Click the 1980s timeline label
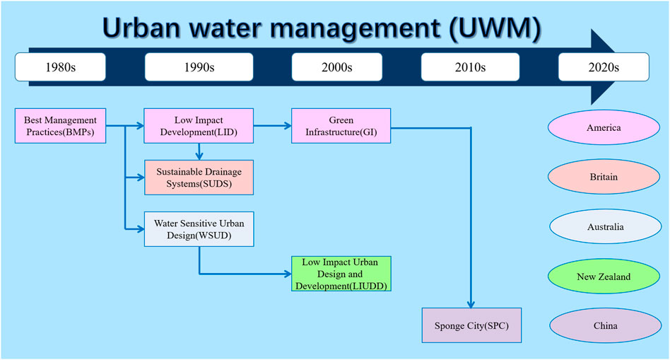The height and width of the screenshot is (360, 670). click(x=60, y=67)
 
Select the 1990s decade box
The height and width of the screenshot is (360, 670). click(x=199, y=67)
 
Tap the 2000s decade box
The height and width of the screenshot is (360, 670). click(x=336, y=67)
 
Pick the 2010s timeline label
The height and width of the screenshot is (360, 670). click(x=470, y=67)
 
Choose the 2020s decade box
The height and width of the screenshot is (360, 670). click(x=604, y=67)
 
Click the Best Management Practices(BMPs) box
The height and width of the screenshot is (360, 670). click(x=60, y=126)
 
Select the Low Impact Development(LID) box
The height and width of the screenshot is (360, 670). click(x=199, y=126)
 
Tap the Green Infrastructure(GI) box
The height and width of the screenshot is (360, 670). click(x=341, y=126)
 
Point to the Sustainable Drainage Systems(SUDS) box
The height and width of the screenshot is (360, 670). click(x=199, y=178)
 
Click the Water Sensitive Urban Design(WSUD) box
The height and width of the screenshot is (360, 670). click(x=199, y=229)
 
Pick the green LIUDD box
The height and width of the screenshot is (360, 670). click(x=341, y=274)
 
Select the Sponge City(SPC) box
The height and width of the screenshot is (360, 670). click(x=471, y=325)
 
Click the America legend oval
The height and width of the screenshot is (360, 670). click(x=604, y=127)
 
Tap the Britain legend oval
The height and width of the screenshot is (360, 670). click(x=604, y=177)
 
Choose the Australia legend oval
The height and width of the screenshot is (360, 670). click(x=606, y=226)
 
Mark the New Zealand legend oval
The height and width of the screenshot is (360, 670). click(x=604, y=277)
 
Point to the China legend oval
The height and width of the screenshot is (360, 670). click(x=606, y=325)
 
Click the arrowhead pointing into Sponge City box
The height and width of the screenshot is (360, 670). click(x=471, y=305)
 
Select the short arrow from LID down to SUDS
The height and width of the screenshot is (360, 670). click(x=199, y=151)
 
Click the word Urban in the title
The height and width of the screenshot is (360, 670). click(x=142, y=28)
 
